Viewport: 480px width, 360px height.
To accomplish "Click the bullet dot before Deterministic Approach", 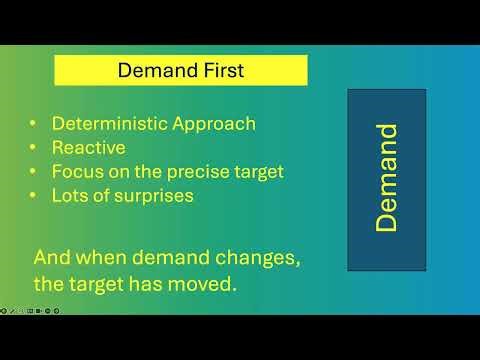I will coord(34,124).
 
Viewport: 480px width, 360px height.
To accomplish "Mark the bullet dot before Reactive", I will coord(34,148).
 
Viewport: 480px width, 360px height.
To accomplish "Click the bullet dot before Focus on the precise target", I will coord(34,172).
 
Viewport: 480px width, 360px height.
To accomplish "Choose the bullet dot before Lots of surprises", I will coord(34,196).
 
